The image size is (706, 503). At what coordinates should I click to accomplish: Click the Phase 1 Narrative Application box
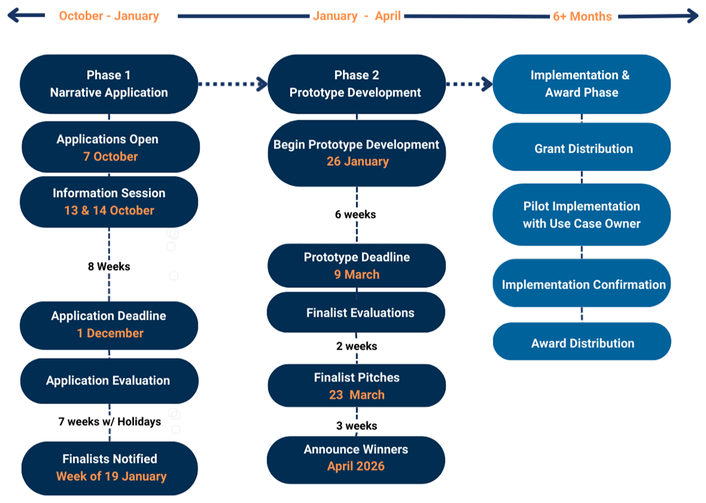pos(109,84)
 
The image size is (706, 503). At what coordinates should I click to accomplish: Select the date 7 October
pos(111,156)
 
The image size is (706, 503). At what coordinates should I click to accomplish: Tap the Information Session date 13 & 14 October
pos(109,211)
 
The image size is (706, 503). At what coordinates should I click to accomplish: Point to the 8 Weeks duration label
pos(109,267)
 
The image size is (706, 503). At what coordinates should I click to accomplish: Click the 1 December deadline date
pos(110,333)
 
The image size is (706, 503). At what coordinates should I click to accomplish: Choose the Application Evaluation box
pos(108,380)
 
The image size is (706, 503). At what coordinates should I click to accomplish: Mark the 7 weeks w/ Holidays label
pos(110,421)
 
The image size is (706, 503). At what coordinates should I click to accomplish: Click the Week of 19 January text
pos(111,476)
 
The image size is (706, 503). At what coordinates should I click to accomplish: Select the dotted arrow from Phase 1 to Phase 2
pos(232,84)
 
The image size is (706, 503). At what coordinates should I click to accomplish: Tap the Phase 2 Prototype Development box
pos(356,84)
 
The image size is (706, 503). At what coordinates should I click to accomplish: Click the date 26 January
pos(357,162)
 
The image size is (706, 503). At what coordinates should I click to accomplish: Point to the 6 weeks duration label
pos(356,215)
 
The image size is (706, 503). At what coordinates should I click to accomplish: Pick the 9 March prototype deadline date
pos(356,275)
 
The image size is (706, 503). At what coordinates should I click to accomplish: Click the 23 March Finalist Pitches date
pos(356,395)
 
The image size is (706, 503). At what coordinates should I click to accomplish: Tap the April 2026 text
pos(356,467)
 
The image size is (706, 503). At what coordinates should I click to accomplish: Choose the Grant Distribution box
pos(583,149)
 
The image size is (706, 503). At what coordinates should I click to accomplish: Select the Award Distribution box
pos(582,343)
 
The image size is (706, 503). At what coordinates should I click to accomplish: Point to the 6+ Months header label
pos(582,17)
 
